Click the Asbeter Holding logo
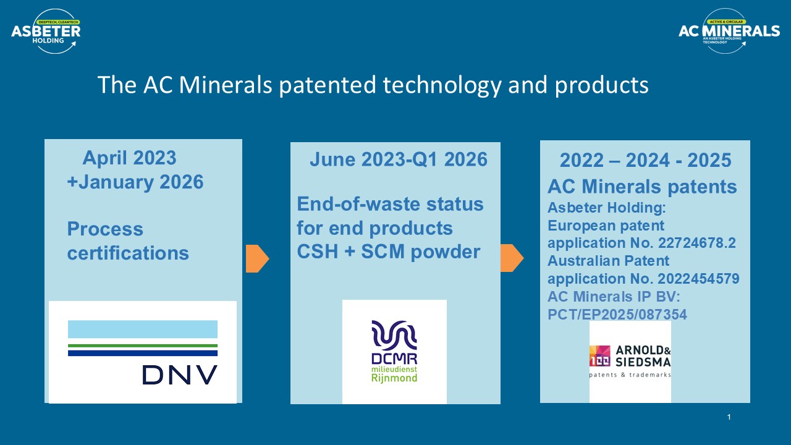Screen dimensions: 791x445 (x=46, y=32)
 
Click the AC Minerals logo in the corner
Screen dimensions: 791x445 (x=729, y=31)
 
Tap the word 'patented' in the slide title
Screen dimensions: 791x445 (x=328, y=85)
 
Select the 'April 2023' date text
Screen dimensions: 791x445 (x=129, y=158)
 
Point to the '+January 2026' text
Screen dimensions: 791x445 (x=135, y=182)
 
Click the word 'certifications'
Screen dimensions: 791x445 (x=128, y=253)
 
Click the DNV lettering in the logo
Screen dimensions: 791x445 (x=180, y=375)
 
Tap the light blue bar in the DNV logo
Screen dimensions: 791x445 (x=143, y=329)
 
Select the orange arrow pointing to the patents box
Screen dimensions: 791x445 (x=512, y=258)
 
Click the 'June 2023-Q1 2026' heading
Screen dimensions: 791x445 (x=399, y=159)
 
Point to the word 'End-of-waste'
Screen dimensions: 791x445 (x=358, y=204)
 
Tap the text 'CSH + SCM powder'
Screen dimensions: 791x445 (x=389, y=252)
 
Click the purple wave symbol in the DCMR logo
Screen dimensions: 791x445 (x=394, y=333)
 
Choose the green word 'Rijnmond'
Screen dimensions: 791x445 (x=394, y=378)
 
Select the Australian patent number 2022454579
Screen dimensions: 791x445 (x=698, y=279)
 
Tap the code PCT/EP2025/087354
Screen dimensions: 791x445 (x=617, y=315)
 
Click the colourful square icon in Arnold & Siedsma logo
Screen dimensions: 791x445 (x=599, y=356)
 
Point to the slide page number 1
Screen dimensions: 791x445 (x=729, y=417)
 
